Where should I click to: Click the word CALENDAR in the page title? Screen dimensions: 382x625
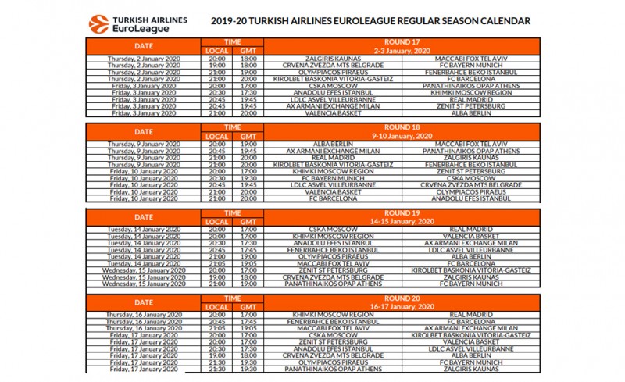(x=503, y=21)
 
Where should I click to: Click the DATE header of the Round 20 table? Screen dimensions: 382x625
(x=143, y=303)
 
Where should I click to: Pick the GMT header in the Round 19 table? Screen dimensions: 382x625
(x=248, y=222)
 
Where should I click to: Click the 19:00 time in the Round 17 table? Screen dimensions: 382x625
(x=216, y=65)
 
